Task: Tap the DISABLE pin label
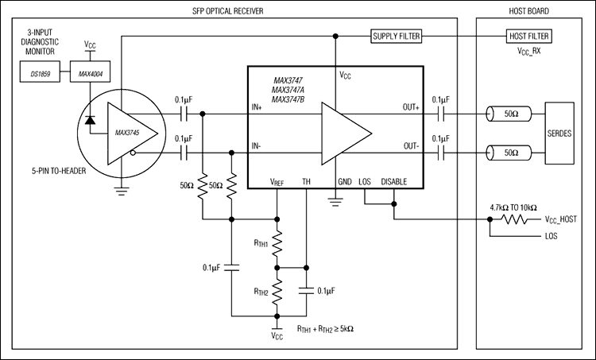(x=393, y=182)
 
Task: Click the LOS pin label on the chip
(x=365, y=182)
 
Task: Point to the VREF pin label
(x=276, y=182)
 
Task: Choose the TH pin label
(x=306, y=182)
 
